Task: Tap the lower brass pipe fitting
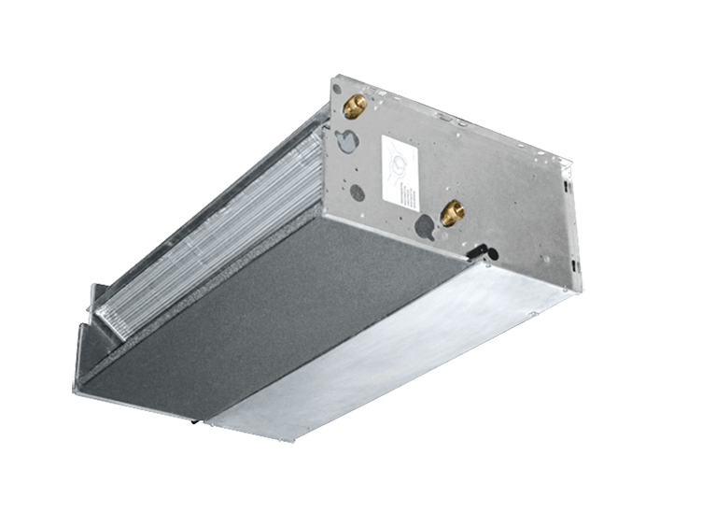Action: click(x=454, y=210)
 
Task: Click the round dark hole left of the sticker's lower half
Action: click(x=358, y=193)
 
